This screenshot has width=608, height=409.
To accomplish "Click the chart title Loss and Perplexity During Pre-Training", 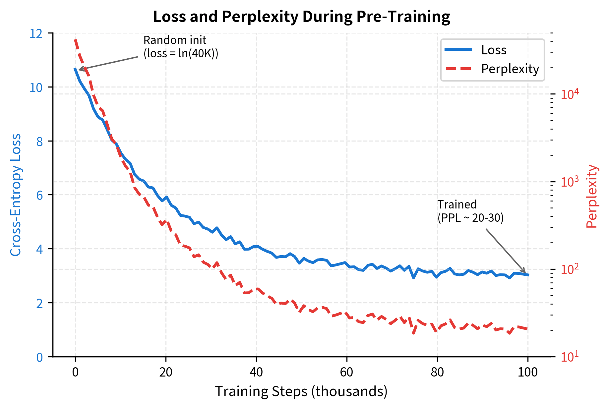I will tap(301, 17).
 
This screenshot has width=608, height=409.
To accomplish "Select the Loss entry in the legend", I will tap(494, 50).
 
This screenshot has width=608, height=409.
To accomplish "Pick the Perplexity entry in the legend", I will tap(510, 69).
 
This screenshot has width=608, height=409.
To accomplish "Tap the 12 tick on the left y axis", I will tap(36, 34).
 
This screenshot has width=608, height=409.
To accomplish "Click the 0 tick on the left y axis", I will tap(39, 357).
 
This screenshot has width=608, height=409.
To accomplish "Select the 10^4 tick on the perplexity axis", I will tap(570, 94).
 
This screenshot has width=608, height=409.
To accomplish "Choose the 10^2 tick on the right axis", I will tap(570, 269).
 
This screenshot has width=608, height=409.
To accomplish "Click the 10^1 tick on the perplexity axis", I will tap(570, 357).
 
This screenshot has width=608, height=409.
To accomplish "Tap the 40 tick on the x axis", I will tap(256, 372).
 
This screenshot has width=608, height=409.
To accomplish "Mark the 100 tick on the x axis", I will tap(527, 372).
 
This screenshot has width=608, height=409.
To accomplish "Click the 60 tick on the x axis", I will tap(346, 372).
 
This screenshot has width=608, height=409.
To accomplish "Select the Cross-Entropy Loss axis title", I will tap(16, 195).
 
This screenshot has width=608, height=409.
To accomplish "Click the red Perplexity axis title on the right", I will tap(591, 196).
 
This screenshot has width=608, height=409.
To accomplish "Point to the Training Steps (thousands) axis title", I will tap(301, 391).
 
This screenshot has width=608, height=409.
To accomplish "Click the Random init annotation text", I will tap(181, 47).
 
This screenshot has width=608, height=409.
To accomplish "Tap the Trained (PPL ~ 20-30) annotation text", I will tap(470, 211).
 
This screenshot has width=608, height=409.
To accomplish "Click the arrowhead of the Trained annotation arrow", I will tap(525, 272).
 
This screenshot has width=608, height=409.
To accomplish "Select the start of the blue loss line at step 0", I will tap(75, 69).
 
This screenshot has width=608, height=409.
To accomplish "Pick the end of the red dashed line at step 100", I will tap(527, 329).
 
